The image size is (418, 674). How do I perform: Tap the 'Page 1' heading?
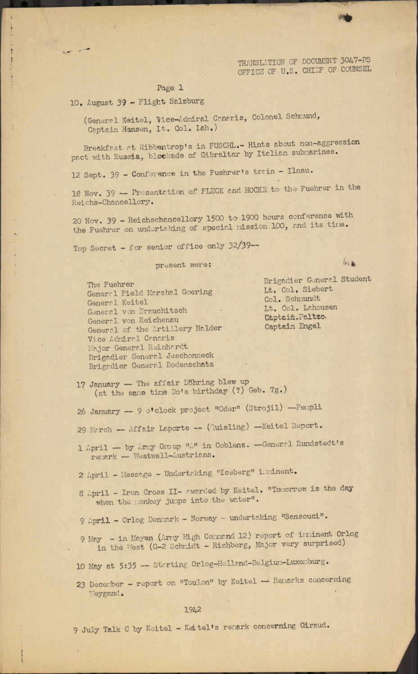[x=170, y=88]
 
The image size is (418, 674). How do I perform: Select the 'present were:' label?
[x=183, y=265]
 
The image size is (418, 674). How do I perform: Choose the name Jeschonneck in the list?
[x=190, y=355]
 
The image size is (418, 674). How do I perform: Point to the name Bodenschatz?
[x=189, y=365]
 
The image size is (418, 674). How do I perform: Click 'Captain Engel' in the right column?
[x=292, y=326]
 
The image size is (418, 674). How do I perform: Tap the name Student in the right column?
[x=356, y=279]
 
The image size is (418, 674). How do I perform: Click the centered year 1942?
[x=193, y=610]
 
